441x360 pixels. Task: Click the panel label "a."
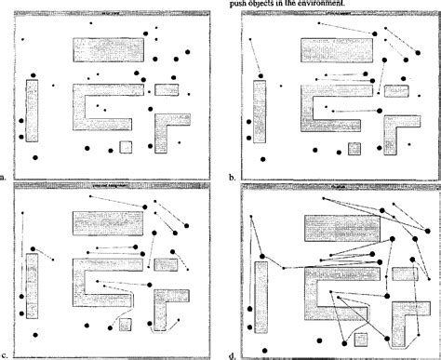(5, 175)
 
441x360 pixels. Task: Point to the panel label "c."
(5, 355)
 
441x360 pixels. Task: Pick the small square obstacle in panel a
(126, 147)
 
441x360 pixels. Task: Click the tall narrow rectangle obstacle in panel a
(33, 110)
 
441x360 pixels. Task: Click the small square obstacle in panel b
(354, 148)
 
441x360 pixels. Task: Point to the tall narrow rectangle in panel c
(33, 287)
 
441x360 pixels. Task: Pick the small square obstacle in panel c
(126, 326)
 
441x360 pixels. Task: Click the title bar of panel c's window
(110, 186)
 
